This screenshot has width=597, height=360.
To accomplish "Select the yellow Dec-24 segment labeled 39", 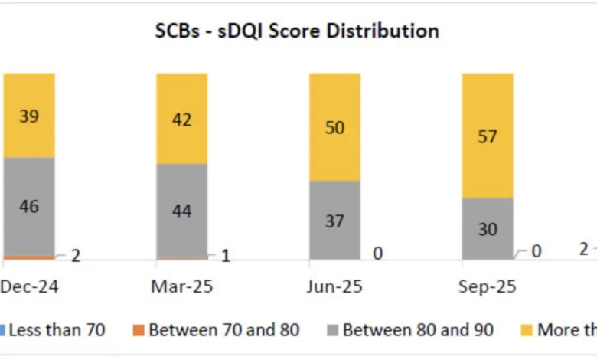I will pyautogui.click(x=29, y=115).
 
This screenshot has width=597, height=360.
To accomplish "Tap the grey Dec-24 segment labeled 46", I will pyautogui.click(x=29, y=206).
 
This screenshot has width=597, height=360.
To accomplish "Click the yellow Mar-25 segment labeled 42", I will pyautogui.click(x=181, y=119).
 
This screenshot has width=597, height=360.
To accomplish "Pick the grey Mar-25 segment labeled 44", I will pyautogui.click(x=181, y=211).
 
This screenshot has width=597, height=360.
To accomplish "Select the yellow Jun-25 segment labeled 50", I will pyautogui.click(x=334, y=127).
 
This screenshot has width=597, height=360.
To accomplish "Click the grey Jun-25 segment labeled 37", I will pyautogui.click(x=334, y=221).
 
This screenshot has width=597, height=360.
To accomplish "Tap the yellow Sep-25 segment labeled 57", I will pyautogui.click(x=487, y=136).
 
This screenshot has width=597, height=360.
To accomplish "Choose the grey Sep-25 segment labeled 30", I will pyautogui.click(x=487, y=229).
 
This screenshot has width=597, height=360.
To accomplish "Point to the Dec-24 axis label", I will pyautogui.click(x=29, y=287).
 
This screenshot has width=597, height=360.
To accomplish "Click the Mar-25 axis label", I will pyautogui.click(x=181, y=287).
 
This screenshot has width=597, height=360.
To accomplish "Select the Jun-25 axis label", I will pyautogui.click(x=334, y=287).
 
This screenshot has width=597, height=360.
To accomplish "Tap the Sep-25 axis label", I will pyautogui.click(x=488, y=287).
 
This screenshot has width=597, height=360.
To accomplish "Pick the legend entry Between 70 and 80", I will pyautogui.click(x=223, y=330).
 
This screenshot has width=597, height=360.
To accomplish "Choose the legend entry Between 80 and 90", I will pyautogui.click(x=418, y=330).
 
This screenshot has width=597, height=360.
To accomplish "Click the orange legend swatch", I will pyautogui.click(x=139, y=331).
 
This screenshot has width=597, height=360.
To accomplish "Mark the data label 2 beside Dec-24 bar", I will pyautogui.click(x=75, y=256).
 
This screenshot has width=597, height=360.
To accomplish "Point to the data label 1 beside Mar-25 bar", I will pyautogui.click(x=226, y=256).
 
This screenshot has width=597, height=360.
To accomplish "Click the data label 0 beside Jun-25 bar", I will pyautogui.click(x=378, y=254).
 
